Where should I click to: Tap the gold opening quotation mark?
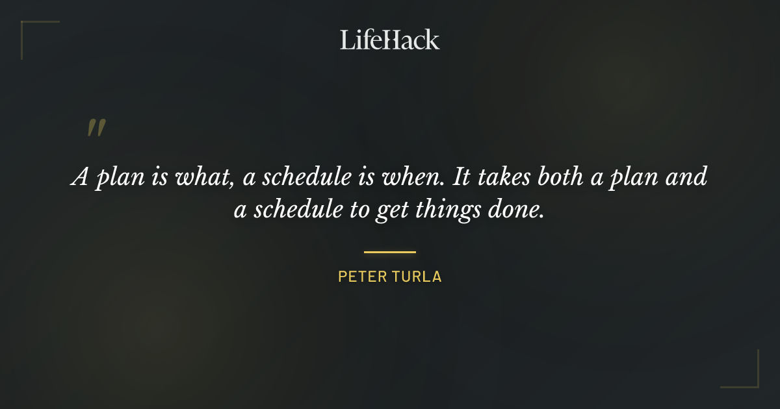pyautogui.click(x=96, y=128)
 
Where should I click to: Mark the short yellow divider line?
pyautogui.click(x=389, y=252)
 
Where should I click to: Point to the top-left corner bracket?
pyautogui.click(x=26, y=26)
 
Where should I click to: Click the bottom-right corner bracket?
pyautogui.click(x=754, y=383)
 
